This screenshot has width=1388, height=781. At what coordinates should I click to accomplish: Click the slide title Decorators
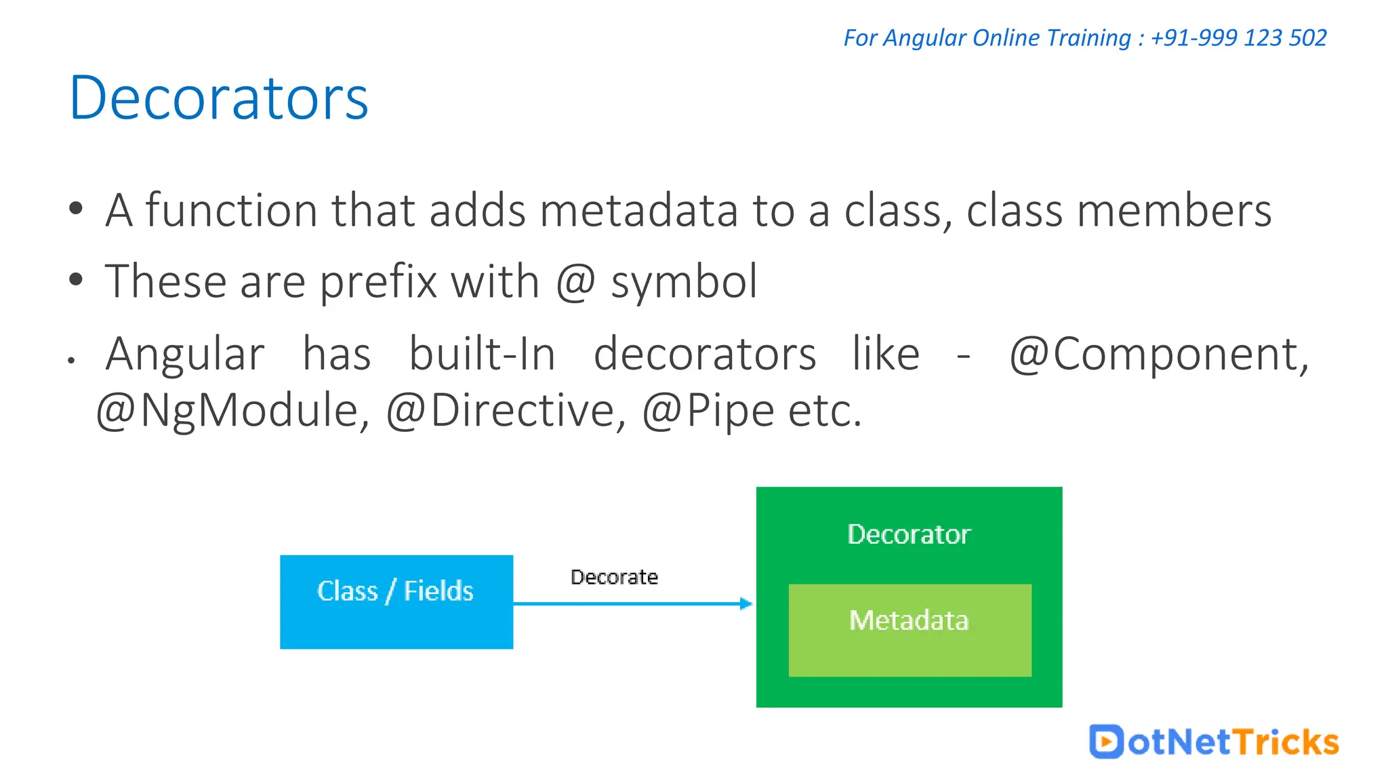tap(219, 98)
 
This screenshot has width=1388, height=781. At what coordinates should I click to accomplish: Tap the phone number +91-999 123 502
tap(1238, 38)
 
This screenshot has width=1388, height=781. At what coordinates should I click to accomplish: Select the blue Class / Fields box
tap(396, 602)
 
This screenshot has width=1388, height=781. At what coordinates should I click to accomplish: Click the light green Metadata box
tap(910, 630)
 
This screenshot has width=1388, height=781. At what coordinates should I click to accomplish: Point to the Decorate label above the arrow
tap(614, 577)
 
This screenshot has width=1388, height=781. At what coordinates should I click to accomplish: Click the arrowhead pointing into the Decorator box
tap(746, 603)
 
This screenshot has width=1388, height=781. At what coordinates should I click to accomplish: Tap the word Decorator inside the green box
tap(909, 534)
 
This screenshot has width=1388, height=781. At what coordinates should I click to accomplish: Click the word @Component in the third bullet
tap(1159, 354)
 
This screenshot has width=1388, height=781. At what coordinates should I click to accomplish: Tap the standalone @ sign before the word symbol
tap(575, 282)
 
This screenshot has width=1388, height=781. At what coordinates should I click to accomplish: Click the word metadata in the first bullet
tap(638, 210)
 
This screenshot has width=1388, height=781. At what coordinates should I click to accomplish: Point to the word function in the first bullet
tap(231, 210)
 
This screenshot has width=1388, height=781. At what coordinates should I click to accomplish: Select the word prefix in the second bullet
tap(378, 282)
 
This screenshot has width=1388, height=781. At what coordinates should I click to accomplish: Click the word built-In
tap(482, 354)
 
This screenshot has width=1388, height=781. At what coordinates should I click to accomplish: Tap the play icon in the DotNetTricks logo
tap(1106, 742)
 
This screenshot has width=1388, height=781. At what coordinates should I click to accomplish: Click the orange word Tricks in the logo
tap(1285, 742)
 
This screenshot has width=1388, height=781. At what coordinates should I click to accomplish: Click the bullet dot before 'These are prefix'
tap(76, 279)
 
